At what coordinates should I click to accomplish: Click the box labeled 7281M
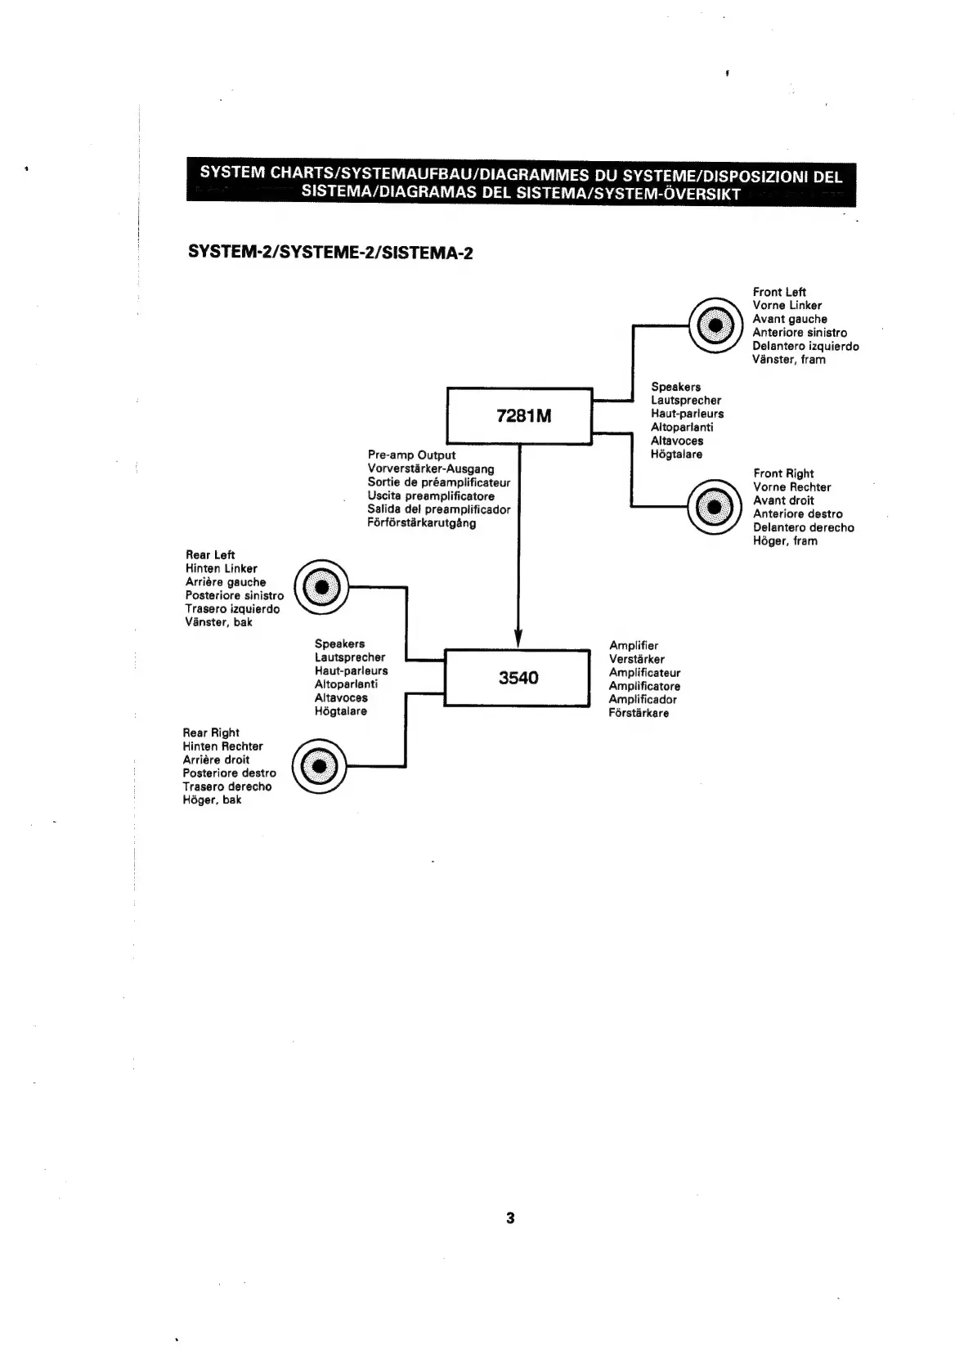coord(518,415)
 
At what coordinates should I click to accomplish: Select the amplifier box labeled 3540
coord(517,677)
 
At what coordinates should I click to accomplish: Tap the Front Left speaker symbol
coord(715,325)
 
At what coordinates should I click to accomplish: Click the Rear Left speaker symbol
coord(321,586)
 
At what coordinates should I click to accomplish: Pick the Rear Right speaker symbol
coord(319,766)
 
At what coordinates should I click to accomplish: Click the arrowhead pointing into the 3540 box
coord(518,638)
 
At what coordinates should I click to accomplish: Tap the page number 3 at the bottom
coord(510,1217)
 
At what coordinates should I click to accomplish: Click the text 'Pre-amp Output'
coord(411,455)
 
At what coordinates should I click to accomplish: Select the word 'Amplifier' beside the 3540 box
coord(634,645)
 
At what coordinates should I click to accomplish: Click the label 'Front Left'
coord(779,292)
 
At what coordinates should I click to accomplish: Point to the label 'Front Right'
coord(783,473)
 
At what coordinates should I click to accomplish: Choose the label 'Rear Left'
coord(210,554)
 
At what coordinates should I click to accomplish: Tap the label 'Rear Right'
coord(211,733)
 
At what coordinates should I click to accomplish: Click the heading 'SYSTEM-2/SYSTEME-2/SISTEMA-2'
coord(330,252)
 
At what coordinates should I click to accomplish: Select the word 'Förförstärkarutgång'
coord(422,522)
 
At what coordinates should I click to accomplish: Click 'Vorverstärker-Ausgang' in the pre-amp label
coord(431,468)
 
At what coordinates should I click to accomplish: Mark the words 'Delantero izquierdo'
coord(805,346)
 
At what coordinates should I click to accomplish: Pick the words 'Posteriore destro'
coord(229,773)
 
